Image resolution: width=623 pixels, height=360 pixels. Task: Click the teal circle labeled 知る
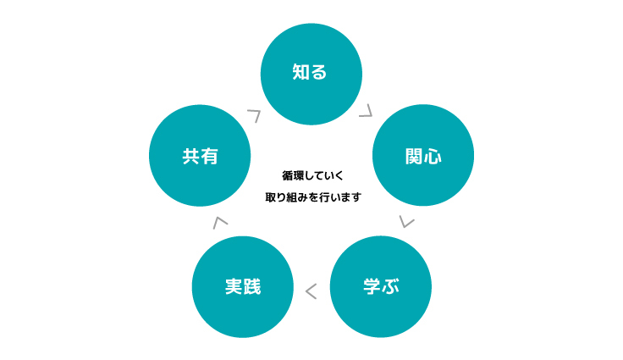tap(311, 74)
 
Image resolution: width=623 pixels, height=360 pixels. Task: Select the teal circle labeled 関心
tap(422, 155)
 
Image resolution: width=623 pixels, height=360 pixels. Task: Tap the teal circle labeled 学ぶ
tap(380, 286)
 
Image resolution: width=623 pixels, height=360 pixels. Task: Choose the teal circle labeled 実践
tap(243, 286)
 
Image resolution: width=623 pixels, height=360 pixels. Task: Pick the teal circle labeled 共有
tap(199, 155)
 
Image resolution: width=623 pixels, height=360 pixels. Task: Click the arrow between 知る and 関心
tap(366, 111)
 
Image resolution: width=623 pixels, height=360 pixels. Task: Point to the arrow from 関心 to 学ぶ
tap(407, 222)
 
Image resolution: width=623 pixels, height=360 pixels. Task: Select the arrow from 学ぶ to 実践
tap(311, 292)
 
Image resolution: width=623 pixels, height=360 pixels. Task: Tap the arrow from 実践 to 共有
tap(220, 222)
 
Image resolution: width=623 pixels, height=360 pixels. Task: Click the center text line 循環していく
tap(313, 176)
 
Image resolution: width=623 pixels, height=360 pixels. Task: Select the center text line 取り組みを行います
tap(313, 197)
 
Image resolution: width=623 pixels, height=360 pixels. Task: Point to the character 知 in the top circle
tap(300, 73)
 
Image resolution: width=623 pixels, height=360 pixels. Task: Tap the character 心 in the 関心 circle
tap(433, 157)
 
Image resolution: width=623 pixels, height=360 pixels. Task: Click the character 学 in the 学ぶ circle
tap(371, 286)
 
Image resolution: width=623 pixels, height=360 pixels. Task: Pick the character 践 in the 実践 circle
tap(252, 287)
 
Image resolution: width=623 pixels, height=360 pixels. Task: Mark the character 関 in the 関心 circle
tap(413, 157)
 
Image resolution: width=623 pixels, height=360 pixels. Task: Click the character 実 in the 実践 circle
tap(234, 287)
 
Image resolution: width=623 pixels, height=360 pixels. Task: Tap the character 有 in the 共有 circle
tap(208, 157)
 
